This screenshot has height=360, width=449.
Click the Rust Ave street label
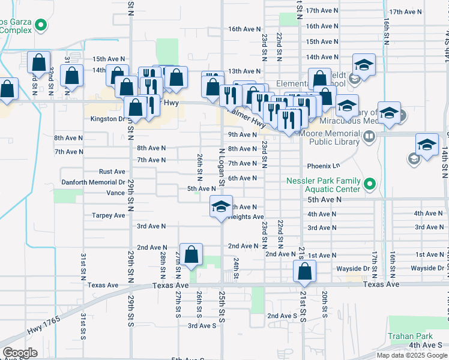(112, 172)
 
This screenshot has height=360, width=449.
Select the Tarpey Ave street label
(108, 215)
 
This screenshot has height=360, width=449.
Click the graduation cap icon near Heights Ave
(221, 207)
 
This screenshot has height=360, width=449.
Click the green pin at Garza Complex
(41, 25)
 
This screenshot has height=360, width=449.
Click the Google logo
(19, 352)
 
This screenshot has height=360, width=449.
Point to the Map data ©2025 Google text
(412, 355)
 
